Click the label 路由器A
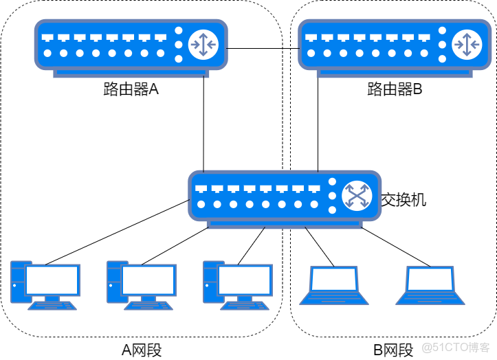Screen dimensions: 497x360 point(131,89)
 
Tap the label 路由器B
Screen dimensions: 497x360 point(395,89)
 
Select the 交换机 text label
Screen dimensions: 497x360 point(404,200)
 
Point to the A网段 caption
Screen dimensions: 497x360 point(142,350)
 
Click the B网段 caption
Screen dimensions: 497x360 point(393,350)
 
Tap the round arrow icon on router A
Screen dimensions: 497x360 point(203,45)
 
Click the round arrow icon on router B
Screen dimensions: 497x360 point(467,45)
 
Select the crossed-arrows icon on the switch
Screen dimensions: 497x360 point(357,196)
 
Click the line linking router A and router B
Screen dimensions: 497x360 point(263,49)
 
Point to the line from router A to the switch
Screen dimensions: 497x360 point(203,124)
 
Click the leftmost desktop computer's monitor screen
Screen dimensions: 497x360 point(52,280)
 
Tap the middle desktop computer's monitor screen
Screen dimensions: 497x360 point(148,280)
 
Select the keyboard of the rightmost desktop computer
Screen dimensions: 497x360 point(245,306)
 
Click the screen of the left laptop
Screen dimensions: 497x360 point(334,279)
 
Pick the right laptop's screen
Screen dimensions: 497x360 point(430,279)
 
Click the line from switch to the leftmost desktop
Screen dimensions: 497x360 point(118,232)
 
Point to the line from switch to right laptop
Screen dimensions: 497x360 point(395,247)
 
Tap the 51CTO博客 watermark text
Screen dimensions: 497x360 point(456,348)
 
